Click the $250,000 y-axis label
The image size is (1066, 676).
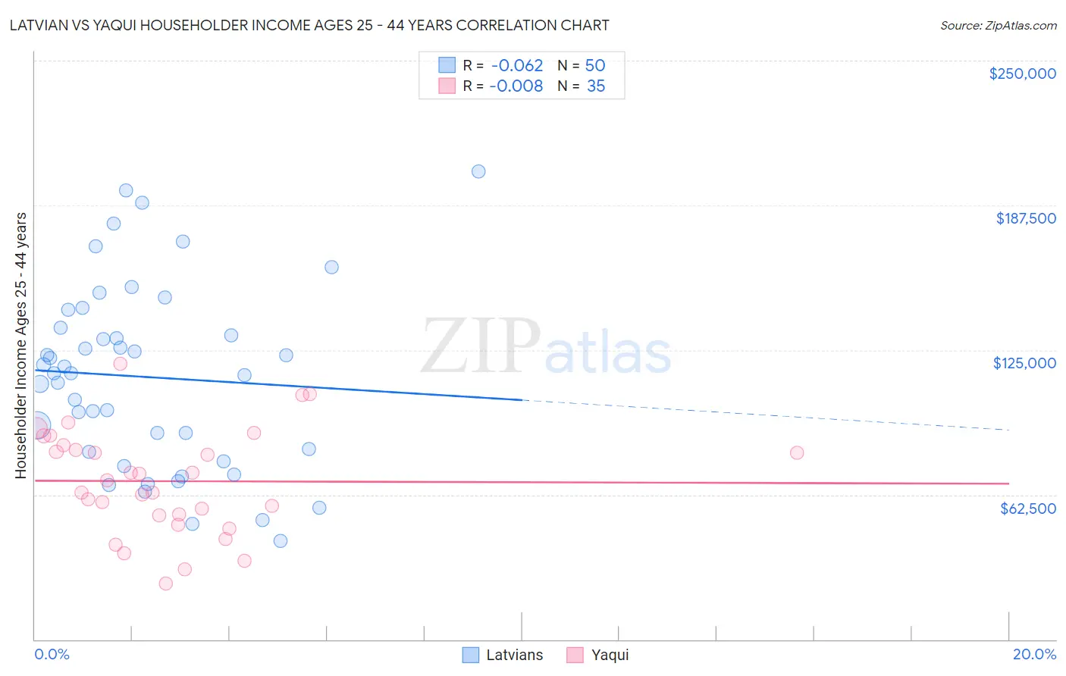(x=1022, y=74)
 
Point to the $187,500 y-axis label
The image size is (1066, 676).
(x=1025, y=218)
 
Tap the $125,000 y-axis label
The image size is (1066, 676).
(x=1024, y=363)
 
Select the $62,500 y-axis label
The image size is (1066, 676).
(x=1027, y=509)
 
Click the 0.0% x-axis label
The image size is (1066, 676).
(x=52, y=654)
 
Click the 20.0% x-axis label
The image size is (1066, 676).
(x=1034, y=654)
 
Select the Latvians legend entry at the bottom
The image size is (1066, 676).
(x=503, y=655)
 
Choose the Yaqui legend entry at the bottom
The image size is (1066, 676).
(x=598, y=655)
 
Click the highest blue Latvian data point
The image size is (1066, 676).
(x=478, y=171)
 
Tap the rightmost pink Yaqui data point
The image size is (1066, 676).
(x=797, y=452)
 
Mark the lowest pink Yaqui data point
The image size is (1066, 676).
(x=166, y=583)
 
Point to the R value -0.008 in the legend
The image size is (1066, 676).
(x=516, y=86)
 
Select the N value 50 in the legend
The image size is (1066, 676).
(x=595, y=66)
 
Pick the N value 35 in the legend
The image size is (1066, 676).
(x=596, y=86)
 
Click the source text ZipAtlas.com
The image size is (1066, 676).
(x=998, y=26)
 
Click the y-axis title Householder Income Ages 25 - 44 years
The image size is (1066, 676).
(x=21, y=345)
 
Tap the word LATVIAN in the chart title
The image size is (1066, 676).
(x=39, y=25)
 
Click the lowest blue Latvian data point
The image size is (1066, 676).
(x=281, y=540)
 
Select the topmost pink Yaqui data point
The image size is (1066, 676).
(x=120, y=363)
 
